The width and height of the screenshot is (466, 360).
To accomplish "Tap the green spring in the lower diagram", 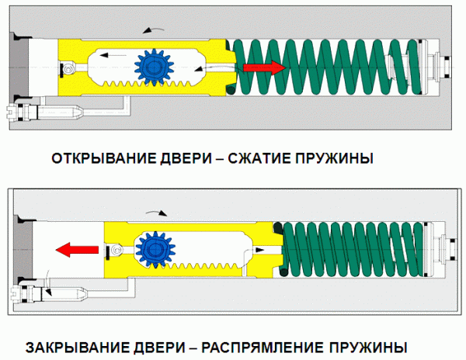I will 353,248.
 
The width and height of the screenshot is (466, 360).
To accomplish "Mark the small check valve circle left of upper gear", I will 71,70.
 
